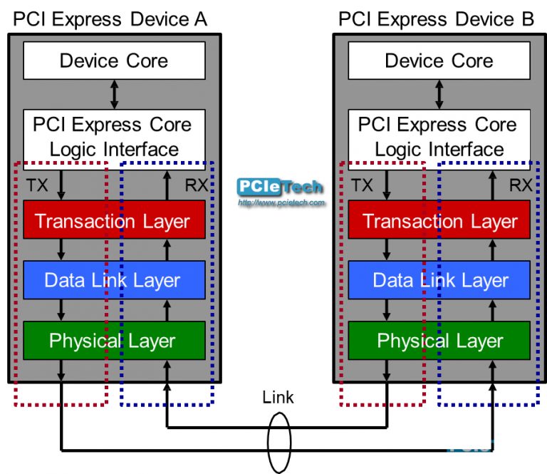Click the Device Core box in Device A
(x=114, y=61)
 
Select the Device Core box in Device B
(x=439, y=61)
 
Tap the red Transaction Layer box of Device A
(x=114, y=220)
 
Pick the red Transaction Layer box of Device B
(x=439, y=220)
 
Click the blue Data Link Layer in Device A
(x=114, y=280)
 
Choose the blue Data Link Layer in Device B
(x=439, y=280)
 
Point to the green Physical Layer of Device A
(x=114, y=341)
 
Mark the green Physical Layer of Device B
(x=439, y=341)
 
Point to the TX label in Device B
(x=362, y=186)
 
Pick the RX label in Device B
(x=520, y=186)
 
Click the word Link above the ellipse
(x=278, y=397)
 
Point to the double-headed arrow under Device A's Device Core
(x=114, y=94)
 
